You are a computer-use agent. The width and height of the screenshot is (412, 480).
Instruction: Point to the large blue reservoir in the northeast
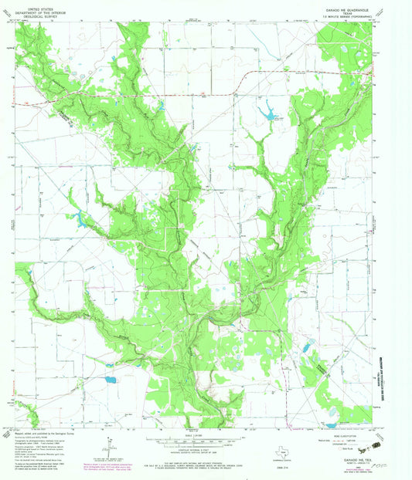click(x=270, y=114)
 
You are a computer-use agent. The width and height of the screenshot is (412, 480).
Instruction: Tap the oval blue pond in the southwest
click(x=109, y=379)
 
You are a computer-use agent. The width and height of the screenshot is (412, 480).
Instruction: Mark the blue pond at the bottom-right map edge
click(x=332, y=424)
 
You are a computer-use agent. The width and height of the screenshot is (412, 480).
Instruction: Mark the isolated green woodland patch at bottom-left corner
click(x=24, y=411)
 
